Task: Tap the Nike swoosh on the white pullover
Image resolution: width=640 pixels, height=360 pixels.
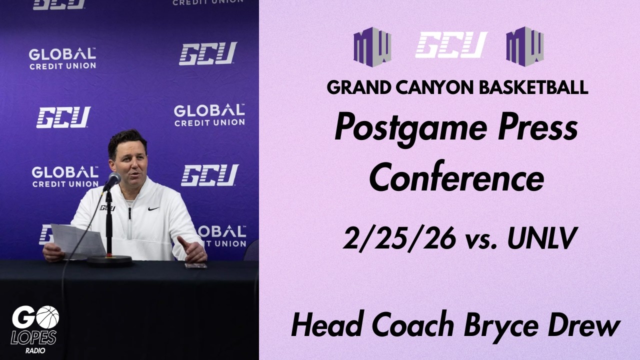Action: (x=153, y=209)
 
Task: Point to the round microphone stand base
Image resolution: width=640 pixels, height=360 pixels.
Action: (x=109, y=260)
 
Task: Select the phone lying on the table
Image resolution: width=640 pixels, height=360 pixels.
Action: (x=195, y=265)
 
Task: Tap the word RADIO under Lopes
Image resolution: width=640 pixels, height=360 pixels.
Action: (x=35, y=350)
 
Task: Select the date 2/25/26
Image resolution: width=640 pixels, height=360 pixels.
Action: (x=399, y=239)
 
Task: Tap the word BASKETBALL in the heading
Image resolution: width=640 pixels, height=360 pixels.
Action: (x=533, y=87)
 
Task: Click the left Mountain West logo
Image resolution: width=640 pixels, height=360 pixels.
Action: (x=372, y=47)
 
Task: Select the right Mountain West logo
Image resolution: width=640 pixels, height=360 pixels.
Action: (x=524, y=46)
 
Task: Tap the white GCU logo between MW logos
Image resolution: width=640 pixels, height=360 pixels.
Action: (x=451, y=45)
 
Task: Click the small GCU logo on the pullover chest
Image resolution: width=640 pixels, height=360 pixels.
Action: (x=107, y=207)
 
